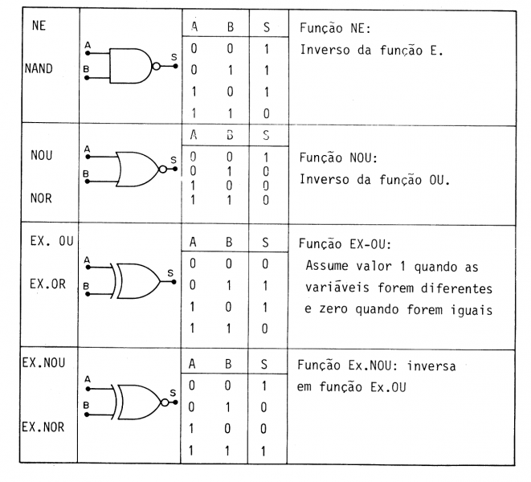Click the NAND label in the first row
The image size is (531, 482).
pos(39,68)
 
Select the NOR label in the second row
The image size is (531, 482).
pos(41,198)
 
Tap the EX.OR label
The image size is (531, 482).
pos(47,284)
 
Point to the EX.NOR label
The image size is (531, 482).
pos(43,427)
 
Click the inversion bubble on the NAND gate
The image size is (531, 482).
pos(156,67)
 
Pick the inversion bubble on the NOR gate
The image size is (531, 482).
pos(163,169)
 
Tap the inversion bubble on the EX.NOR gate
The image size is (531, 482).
pos(165,402)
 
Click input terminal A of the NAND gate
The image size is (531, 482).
pos(88,53)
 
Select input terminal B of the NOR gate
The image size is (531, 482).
pos(87,182)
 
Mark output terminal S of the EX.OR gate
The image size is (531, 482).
pos(174,282)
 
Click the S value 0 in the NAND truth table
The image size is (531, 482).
pos(267,113)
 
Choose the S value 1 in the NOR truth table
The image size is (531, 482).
pos(266,157)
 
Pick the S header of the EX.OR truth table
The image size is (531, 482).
pos(265,243)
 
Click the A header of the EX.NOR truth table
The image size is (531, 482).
pos(192,364)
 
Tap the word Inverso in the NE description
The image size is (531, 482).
pos(321,50)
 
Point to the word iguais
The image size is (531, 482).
pos(472,310)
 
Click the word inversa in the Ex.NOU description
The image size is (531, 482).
pos(431,366)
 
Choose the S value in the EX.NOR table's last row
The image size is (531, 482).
pos(263,451)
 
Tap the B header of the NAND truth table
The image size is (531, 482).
pos(231,27)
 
